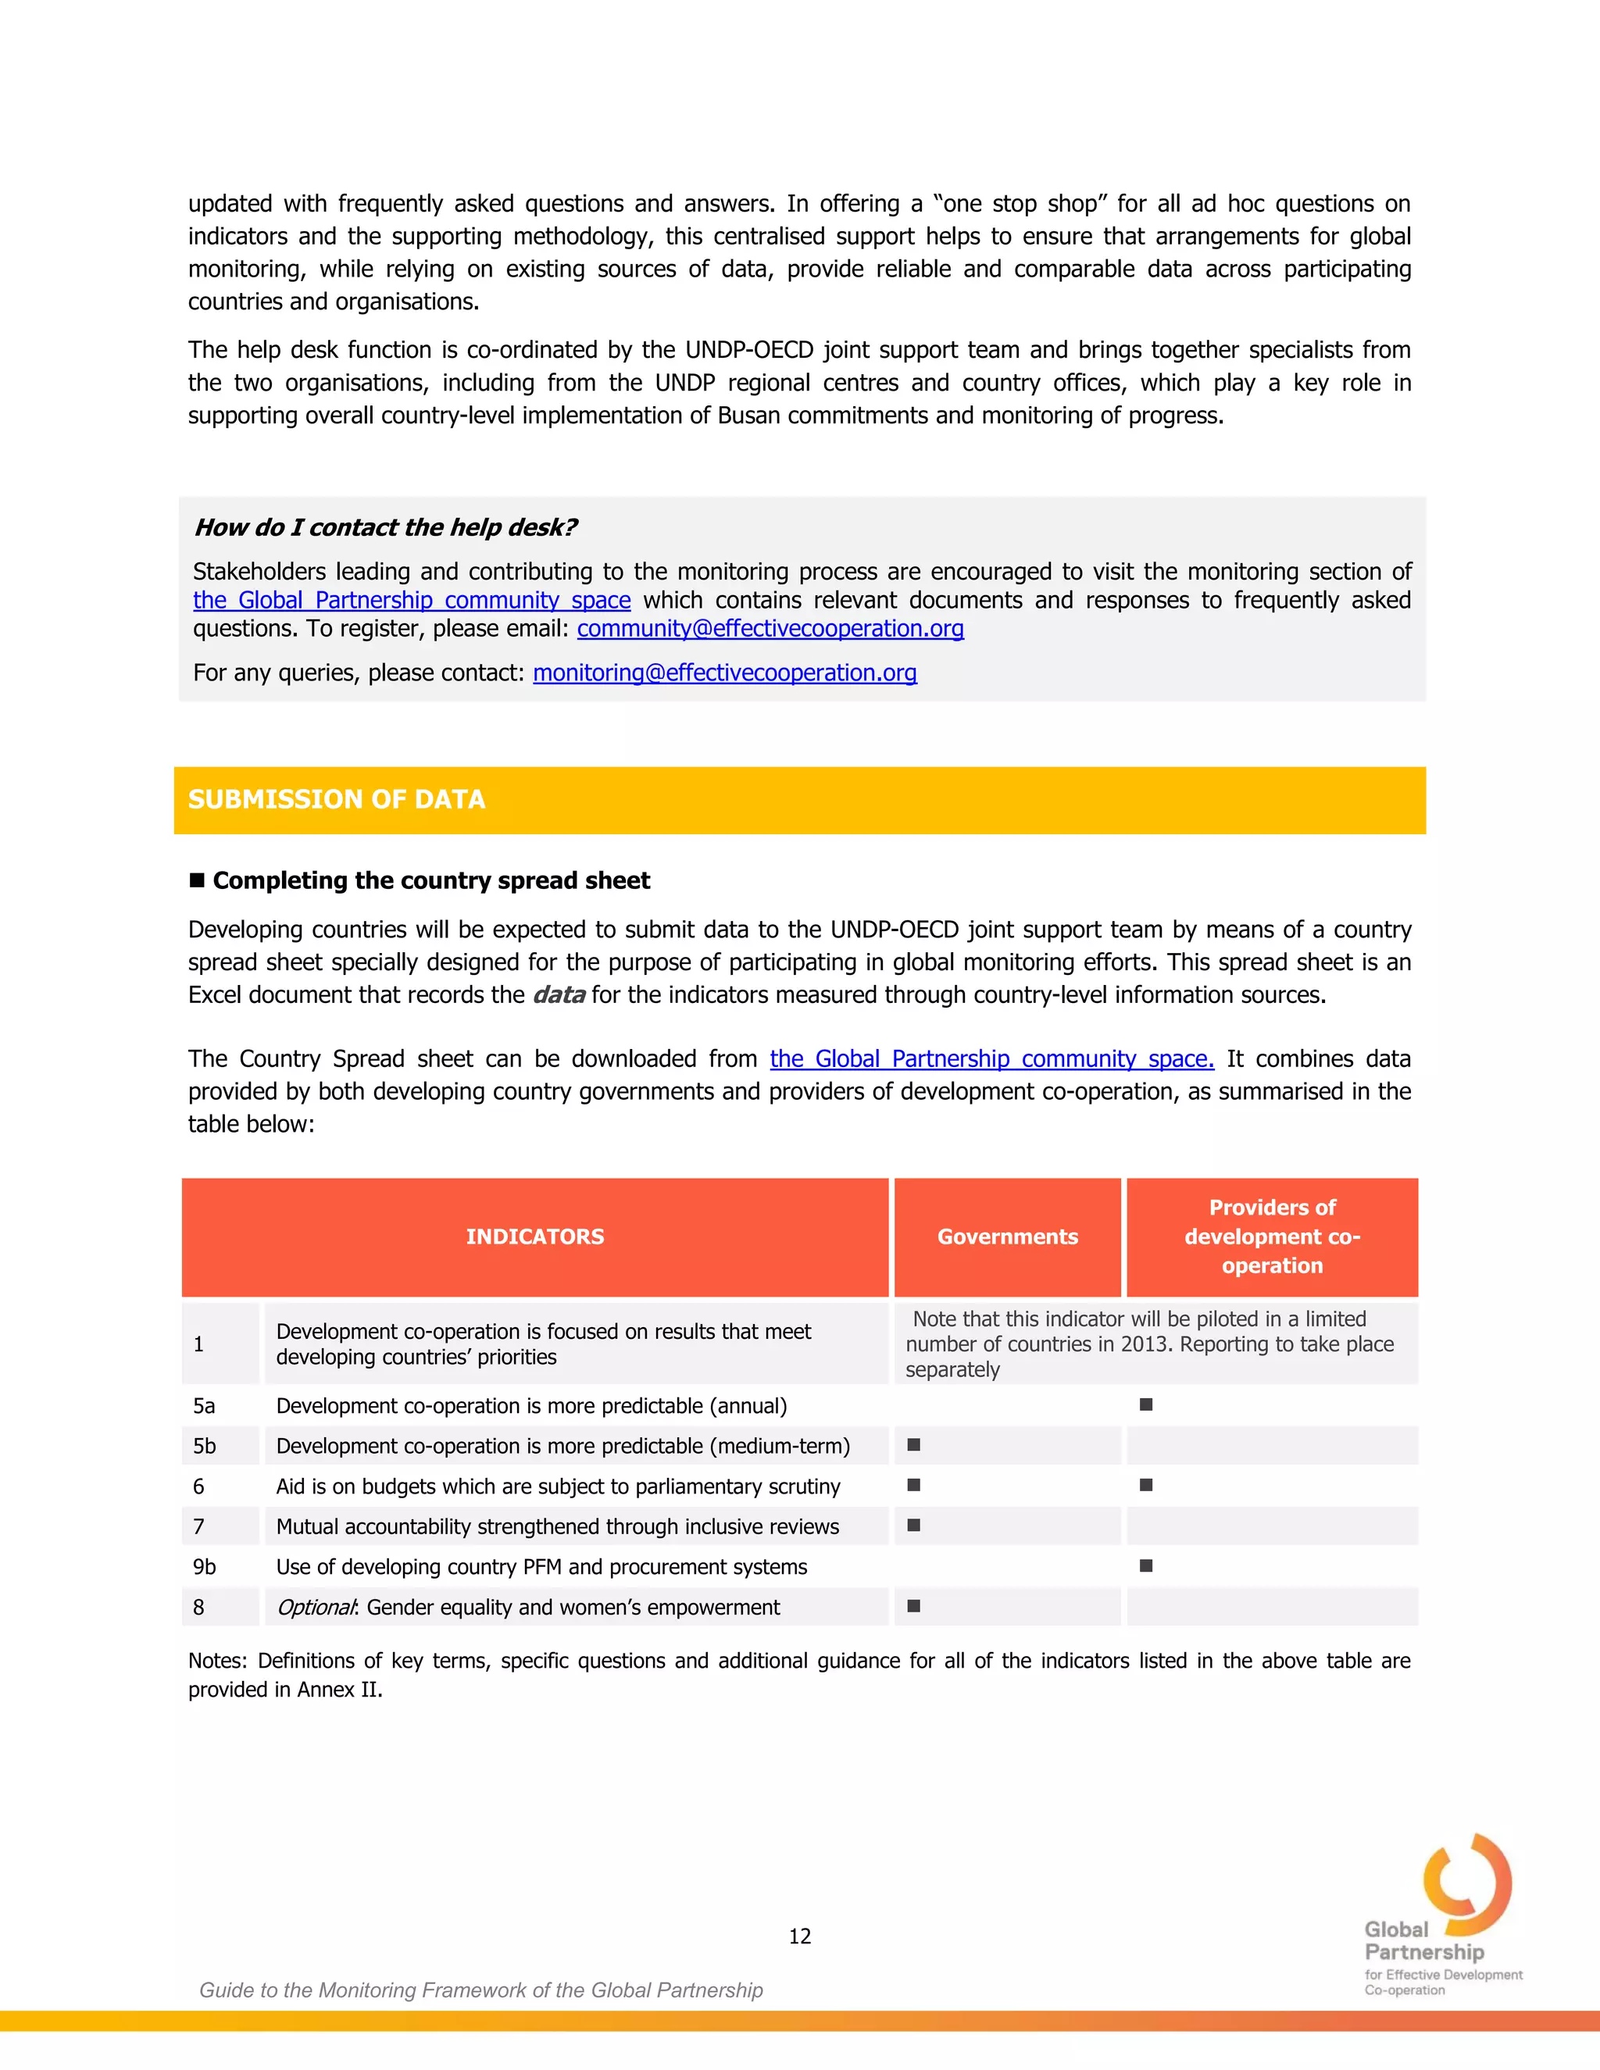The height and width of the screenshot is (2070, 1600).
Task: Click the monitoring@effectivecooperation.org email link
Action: (x=724, y=673)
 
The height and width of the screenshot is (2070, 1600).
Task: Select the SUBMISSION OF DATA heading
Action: (x=337, y=800)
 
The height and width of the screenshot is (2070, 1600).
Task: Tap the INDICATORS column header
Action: (x=534, y=1237)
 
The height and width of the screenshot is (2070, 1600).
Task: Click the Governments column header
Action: (x=1008, y=1237)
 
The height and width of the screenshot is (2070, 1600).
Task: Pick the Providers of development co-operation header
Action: (x=1272, y=1237)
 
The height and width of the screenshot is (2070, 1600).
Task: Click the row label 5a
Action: (x=204, y=1405)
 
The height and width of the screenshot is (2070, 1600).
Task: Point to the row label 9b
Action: (x=204, y=1567)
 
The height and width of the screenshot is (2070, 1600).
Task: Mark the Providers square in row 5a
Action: (x=1146, y=1404)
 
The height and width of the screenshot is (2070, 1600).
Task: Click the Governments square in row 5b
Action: (x=914, y=1445)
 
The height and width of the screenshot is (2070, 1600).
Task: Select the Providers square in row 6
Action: (x=1146, y=1485)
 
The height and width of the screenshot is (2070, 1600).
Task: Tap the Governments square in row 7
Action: (x=914, y=1525)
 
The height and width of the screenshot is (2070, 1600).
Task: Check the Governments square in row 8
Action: (x=914, y=1605)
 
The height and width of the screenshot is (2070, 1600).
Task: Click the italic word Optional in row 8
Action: (x=316, y=1608)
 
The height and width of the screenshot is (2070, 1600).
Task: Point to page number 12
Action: (x=799, y=1936)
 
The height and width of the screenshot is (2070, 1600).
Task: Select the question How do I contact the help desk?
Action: (x=385, y=528)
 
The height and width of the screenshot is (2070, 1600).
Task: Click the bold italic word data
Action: (x=559, y=995)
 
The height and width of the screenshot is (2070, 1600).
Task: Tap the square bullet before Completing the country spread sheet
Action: (x=197, y=880)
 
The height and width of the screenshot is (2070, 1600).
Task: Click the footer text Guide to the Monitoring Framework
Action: (x=480, y=1990)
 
